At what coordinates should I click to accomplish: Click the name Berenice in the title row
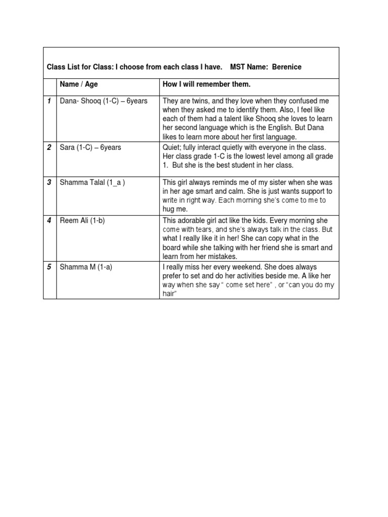point(287,67)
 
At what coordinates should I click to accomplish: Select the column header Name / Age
point(79,84)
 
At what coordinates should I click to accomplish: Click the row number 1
point(49,101)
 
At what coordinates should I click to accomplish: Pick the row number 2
point(49,147)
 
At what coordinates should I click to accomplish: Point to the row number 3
point(49,182)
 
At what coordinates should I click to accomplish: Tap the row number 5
point(49,267)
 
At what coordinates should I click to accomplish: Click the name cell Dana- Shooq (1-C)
point(104,101)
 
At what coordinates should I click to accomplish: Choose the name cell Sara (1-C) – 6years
point(90,147)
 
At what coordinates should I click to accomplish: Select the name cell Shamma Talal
point(92,182)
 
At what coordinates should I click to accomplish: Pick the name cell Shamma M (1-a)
point(86,267)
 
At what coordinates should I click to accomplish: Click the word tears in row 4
point(208,230)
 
